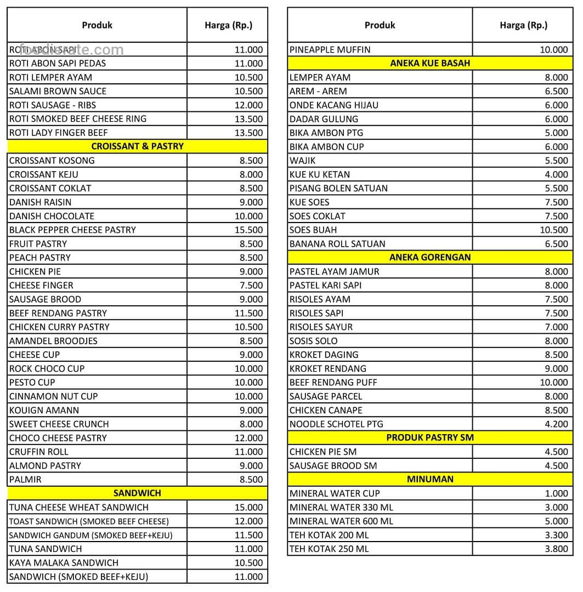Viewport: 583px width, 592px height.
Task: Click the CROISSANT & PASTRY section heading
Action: point(137,146)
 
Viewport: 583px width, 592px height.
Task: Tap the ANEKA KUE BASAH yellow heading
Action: point(430,63)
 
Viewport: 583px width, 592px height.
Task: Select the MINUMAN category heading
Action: point(430,479)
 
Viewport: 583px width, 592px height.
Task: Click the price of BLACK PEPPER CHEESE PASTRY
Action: point(249,230)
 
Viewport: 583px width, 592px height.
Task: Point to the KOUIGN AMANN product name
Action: point(44,410)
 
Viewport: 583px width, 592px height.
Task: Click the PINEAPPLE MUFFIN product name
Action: point(330,49)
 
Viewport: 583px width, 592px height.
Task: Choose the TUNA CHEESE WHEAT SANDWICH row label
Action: point(78,507)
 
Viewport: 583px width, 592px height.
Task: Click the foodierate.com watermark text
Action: point(71,50)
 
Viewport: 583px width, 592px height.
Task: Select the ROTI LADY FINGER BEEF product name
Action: point(58,133)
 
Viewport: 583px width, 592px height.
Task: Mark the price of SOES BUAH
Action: point(554,230)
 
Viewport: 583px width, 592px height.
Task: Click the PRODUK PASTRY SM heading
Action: point(430,437)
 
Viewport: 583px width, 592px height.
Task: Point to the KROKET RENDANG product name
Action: point(327,368)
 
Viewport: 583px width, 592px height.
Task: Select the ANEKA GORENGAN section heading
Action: point(430,257)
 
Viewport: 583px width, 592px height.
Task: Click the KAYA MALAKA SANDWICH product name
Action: point(64,562)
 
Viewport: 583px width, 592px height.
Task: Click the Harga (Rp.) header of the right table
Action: point(523,25)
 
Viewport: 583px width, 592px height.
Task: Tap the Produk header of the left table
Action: point(97,25)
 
